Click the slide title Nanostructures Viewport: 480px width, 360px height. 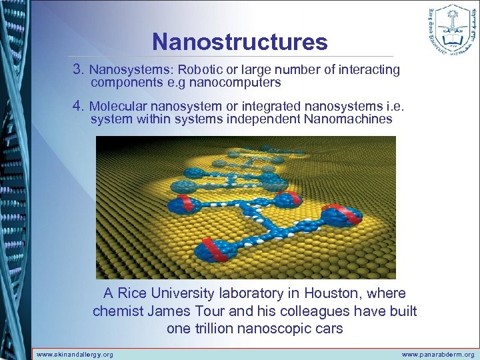[x=240, y=42]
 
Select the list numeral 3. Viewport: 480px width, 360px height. [x=79, y=69]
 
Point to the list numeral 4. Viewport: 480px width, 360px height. [x=79, y=106]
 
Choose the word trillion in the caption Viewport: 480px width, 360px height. [x=217, y=328]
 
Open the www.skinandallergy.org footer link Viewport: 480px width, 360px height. [x=75, y=355]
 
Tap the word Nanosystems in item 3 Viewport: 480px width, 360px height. [x=126, y=70]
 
